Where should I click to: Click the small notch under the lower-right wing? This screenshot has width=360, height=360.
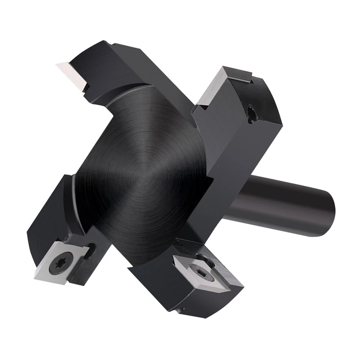pos(180,310)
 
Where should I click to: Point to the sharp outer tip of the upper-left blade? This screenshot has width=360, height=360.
pos(56,65)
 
